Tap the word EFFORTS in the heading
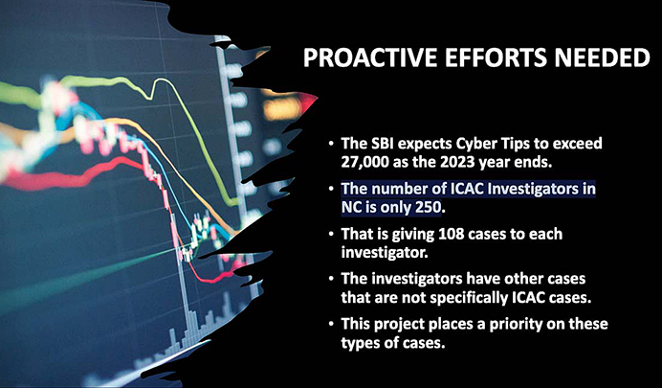pyautogui.click(x=481, y=57)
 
